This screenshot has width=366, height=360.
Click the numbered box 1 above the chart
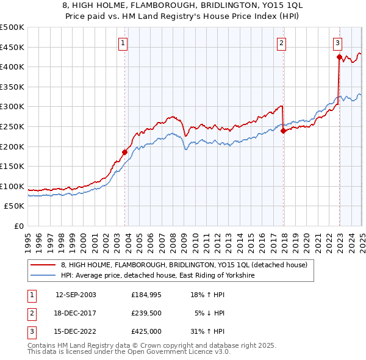123,43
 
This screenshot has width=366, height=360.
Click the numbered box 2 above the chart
282,43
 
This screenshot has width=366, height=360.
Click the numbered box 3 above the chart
337,43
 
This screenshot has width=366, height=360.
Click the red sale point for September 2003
124,152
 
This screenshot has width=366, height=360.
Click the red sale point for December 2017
283,130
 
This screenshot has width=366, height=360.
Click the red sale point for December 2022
339,57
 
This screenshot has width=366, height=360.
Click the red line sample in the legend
43,265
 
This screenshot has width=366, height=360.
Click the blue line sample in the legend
43,276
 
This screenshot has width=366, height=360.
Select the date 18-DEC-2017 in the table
76,313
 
